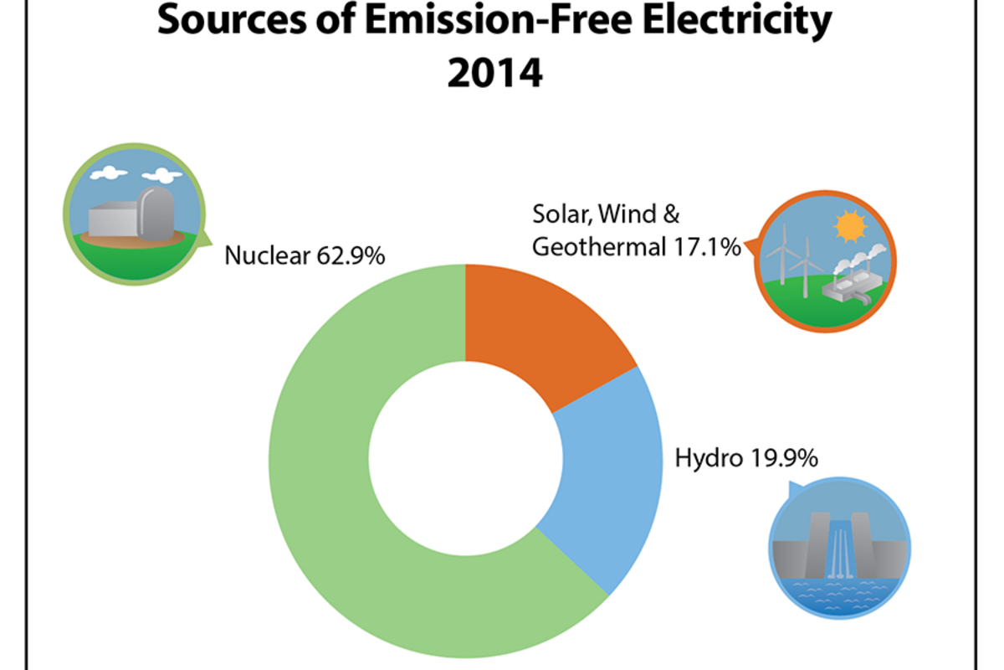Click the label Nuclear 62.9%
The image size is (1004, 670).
point(305,255)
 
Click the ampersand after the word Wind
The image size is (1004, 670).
point(670,214)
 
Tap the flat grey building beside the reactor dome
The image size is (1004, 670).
point(111,219)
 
